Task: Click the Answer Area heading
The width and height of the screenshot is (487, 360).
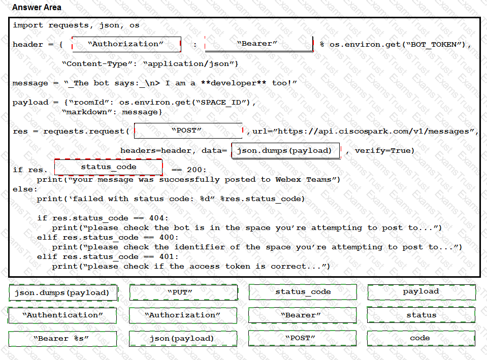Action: click(37, 7)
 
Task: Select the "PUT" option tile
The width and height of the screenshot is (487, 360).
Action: click(184, 292)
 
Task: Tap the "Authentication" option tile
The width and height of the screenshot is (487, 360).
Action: click(62, 315)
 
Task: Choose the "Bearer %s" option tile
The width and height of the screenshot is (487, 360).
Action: click(63, 339)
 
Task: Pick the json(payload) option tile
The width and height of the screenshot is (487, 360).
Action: click(183, 339)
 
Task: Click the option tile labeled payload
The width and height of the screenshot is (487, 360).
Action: click(421, 292)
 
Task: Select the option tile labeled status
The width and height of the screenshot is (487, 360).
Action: click(421, 315)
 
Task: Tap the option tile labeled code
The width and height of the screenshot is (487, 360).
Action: click(421, 338)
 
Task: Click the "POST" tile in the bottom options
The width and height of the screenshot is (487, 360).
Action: click(302, 338)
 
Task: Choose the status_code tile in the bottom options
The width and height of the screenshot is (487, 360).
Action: click(303, 292)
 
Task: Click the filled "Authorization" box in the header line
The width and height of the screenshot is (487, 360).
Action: click(126, 44)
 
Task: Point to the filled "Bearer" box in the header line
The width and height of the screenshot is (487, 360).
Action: click(259, 44)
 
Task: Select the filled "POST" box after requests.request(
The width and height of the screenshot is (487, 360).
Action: click(188, 130)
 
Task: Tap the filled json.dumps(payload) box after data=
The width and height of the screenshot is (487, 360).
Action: click(286, 151)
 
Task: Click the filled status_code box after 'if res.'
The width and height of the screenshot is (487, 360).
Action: click(108, 167)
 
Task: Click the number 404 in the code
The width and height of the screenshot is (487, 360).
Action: click(156, 218)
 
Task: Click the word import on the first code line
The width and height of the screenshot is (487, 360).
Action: click(28, 25)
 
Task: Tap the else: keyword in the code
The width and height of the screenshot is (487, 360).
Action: click(25, 189)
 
